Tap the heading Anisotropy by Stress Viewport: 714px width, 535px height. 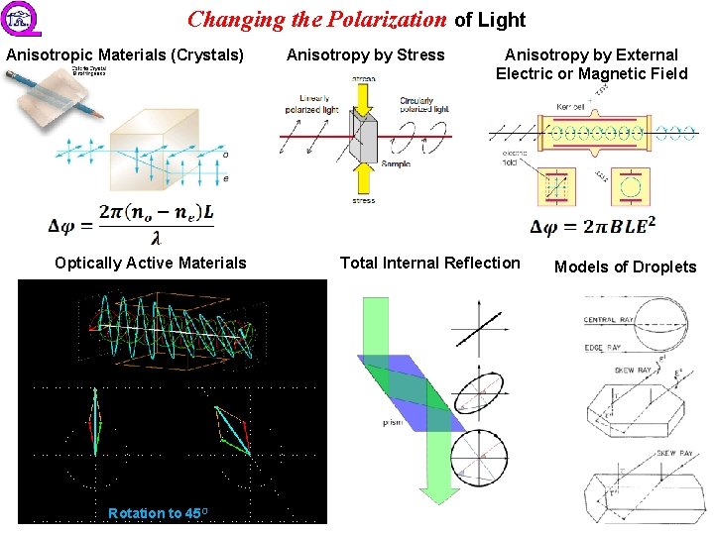(x=365, y=55)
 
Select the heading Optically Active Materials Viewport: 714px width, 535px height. (x=151, y=263)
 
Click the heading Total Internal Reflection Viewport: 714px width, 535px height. (x=429, y=263)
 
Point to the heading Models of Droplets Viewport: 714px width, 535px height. (x=625, y=267)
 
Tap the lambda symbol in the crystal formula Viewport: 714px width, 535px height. (x=157, y=239)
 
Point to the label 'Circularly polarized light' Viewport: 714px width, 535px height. (x=423, y=105)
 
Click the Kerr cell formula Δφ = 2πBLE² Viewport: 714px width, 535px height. (x=593, y=228)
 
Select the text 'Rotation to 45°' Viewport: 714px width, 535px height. (x=158, y=512)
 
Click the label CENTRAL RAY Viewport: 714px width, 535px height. (x=606, y=320)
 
